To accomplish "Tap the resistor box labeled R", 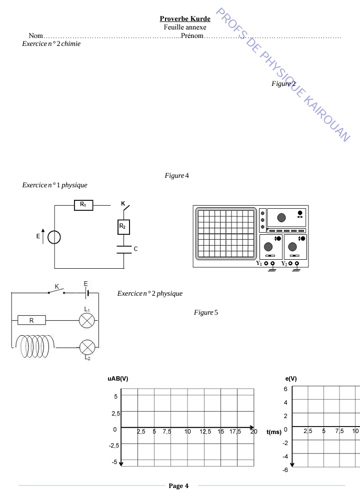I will pos(31,320).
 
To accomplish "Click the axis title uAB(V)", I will pos(118,379).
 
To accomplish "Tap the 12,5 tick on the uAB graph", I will pos(205,432).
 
